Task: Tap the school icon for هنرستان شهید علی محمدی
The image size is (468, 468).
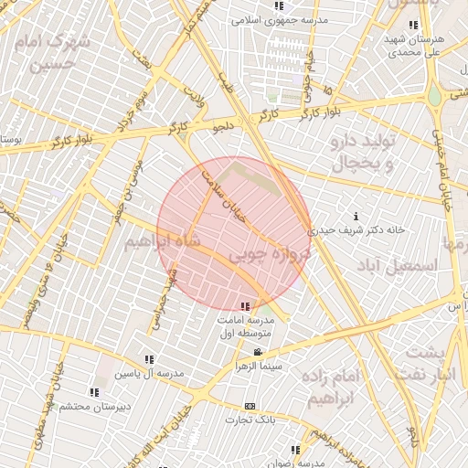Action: pyautogui.click(x=413, y=25)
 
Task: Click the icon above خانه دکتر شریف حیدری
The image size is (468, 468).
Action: pyautogui.click(x=355, y=217)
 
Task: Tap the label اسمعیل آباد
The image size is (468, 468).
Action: pyautogui.click(x=398, y=264)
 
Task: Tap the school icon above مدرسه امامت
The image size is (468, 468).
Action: pyautogui.click(x=245, y=305)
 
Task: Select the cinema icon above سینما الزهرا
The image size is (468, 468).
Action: pyautogui.click(x=259, y=352)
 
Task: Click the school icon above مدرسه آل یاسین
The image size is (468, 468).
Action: pyautogui.click(x=149, y=360)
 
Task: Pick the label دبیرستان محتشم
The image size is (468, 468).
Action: pyautogui.click(x=128, y=405)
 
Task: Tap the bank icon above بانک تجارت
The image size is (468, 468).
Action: pyautogui.click(x=250, y=406)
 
